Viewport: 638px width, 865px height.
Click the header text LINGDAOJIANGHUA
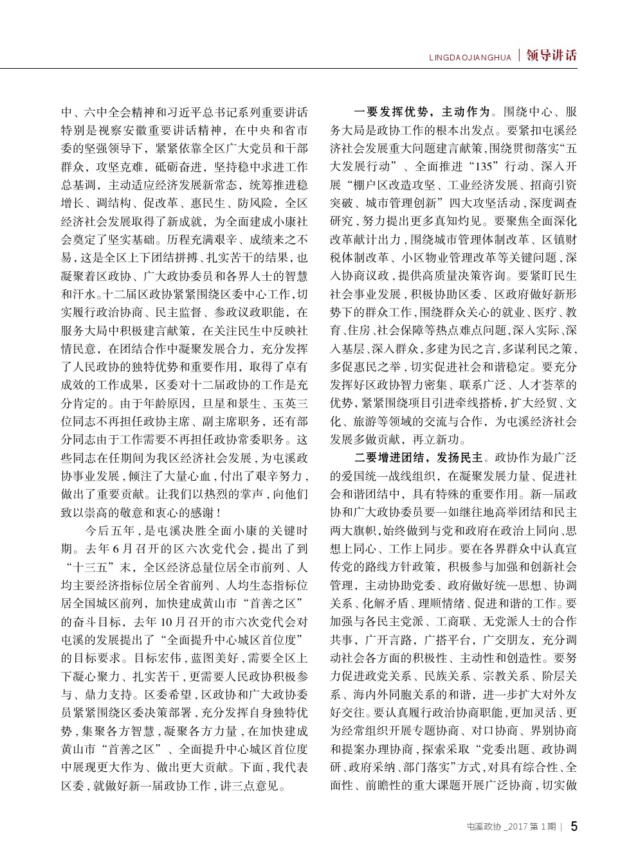470,58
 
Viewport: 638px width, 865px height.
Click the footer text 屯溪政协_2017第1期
511,828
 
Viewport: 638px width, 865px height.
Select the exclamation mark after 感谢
220,513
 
